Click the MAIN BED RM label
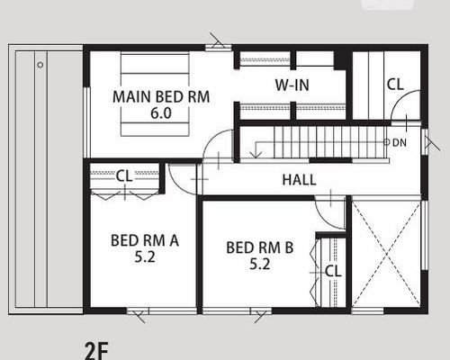click(x=161, y=96)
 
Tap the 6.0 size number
click(x=161, y=113)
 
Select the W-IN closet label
click(x=292, y=85)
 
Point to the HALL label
click(x=299, y=180)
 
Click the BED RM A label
click(x=145, y=240)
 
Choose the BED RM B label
click(x=260, y=247)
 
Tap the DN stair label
click(x=400, y=142)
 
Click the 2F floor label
click(x=96, y=350)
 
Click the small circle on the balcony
click(x=40, y=65)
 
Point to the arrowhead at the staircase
click(x=256, y=155)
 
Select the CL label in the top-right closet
click(x=395, y=85)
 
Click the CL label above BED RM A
click(x=124, y=175)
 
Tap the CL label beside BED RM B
click(x=333, y=271)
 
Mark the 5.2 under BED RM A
click(x=145, y=257)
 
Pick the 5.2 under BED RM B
click(x=260, y=265)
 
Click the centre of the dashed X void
click(x=386, y=254)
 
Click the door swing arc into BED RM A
click(x=177, y=185)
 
